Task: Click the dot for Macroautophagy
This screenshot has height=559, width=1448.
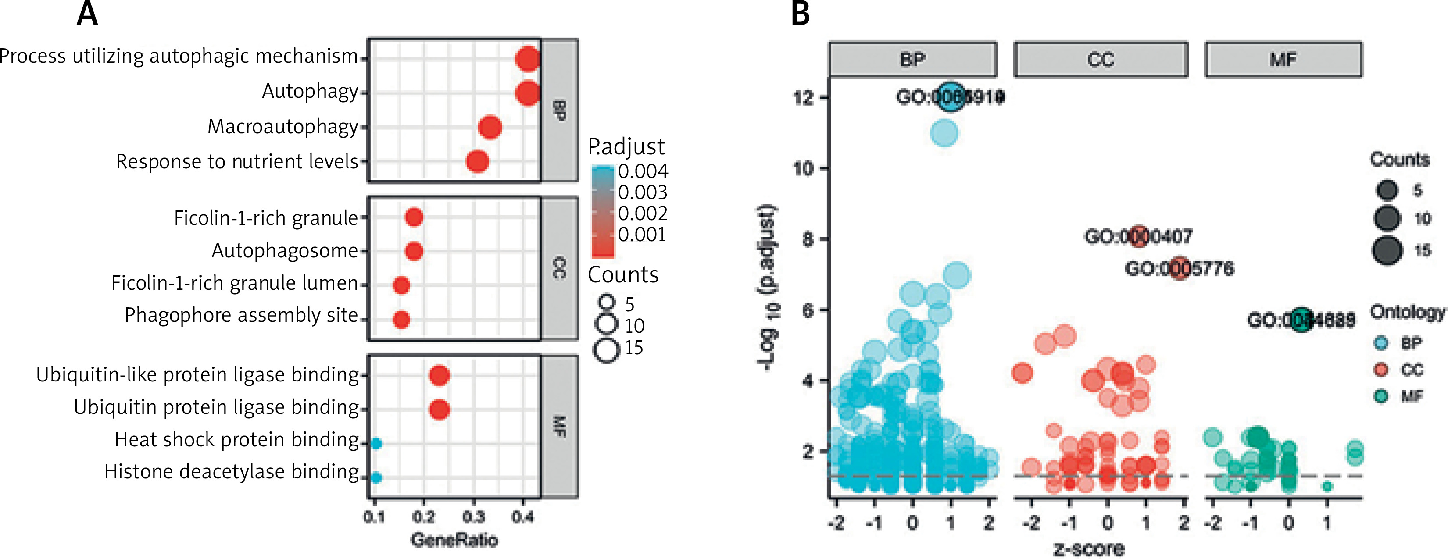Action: (490, 127)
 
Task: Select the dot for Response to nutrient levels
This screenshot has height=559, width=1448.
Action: (477, 162)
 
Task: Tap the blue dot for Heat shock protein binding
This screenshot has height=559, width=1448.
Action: (376, 444)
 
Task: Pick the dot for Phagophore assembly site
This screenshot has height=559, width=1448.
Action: (401, 320)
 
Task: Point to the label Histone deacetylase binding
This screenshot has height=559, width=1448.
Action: (231, 471)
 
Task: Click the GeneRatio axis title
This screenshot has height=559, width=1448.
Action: (454, 540)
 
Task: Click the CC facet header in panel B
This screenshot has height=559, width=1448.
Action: (1101, 59)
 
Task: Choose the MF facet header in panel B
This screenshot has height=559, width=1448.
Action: (1284, 59)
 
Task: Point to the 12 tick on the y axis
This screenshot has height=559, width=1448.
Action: (803, 98)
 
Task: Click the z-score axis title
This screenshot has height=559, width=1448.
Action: (1089, 549)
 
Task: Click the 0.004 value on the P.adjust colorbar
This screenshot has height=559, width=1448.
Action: (643, 171)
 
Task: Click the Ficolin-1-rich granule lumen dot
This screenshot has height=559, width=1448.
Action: (401, 285)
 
